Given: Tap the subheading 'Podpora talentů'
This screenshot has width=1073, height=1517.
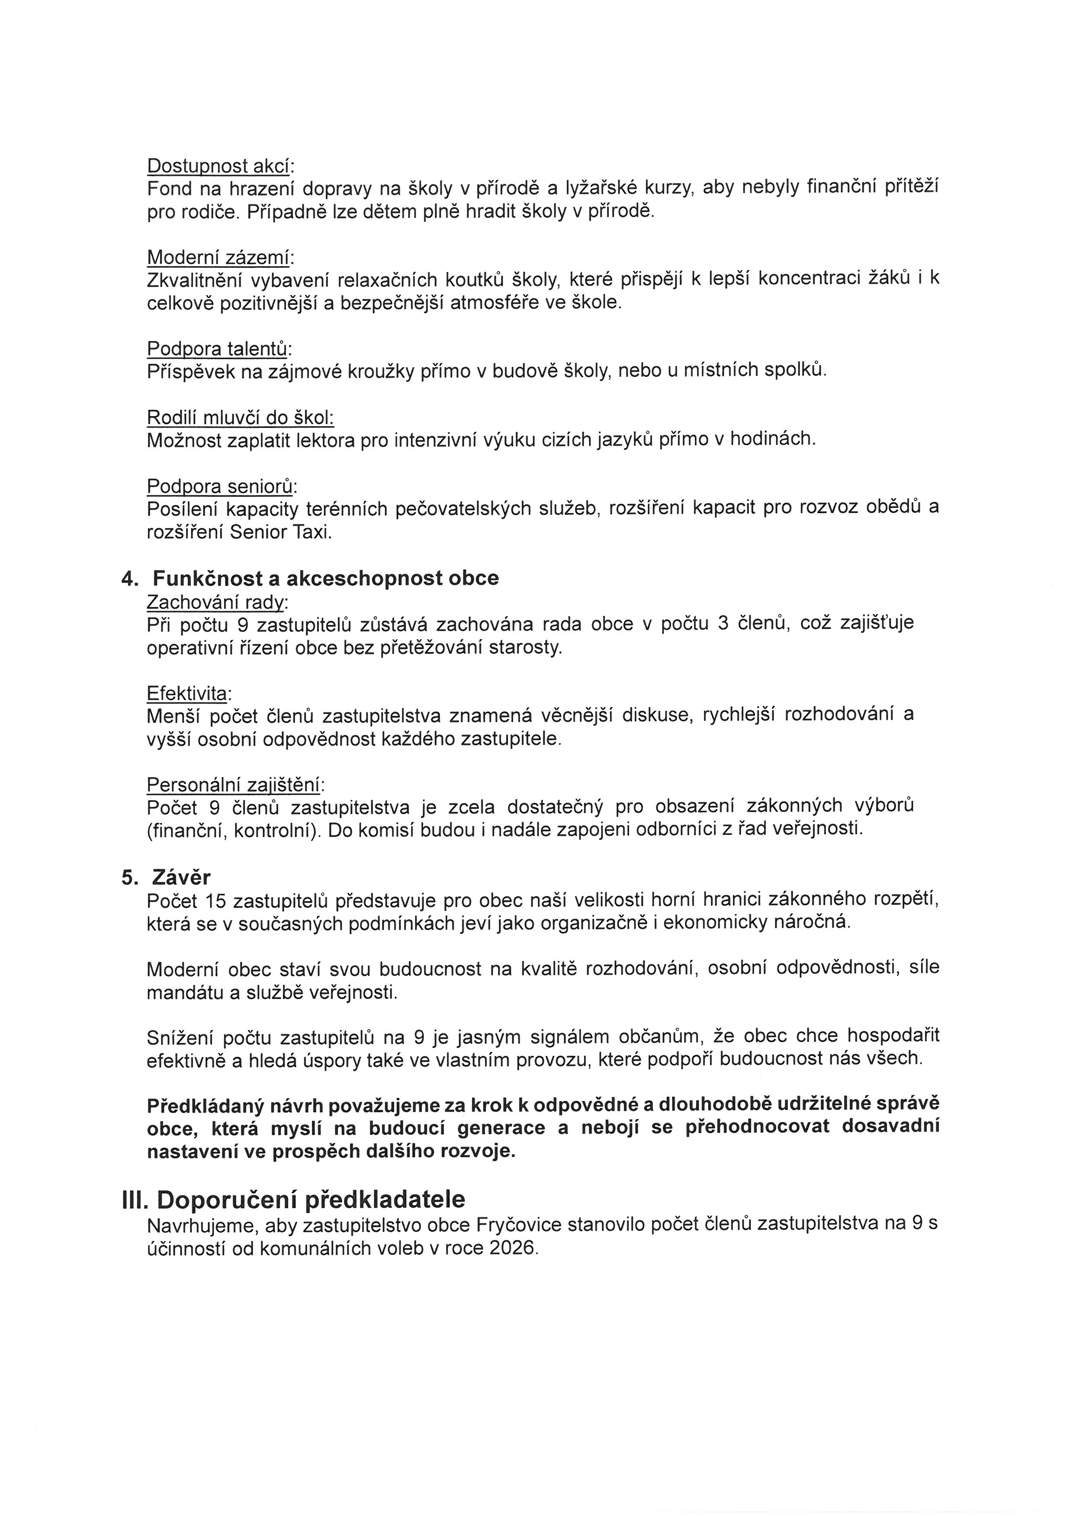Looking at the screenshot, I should pyautogui.click(x=217, y=348).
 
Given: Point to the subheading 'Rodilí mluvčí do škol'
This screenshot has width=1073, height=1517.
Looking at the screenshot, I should pyautogui.click(x=240, y=417).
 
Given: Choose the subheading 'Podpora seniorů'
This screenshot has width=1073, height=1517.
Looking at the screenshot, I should pyautogui.click(x=220, y=486).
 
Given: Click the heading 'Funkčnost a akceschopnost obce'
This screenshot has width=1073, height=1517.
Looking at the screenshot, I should pyautogui.click(x=326, y=578).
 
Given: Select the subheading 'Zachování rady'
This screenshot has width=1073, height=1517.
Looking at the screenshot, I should pyautogui.click(x=216, y=603).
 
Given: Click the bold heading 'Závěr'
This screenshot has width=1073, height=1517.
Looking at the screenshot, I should pyautogui.click(x=181, y=877).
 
